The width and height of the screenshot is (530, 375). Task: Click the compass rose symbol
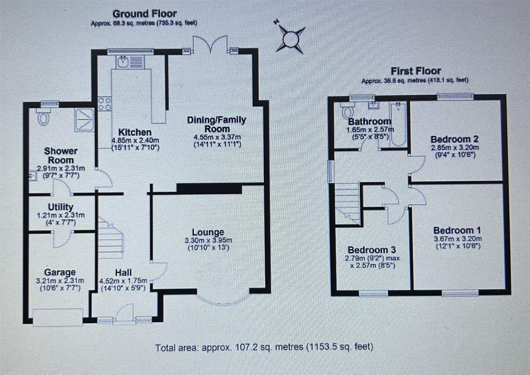[x=290, y=39]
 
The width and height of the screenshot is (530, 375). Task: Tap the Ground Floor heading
[x=145, y=14]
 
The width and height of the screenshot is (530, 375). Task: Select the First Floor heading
[x=416, y=71]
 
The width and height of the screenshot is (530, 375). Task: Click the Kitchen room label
[x=135, y=132]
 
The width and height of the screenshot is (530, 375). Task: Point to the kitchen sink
[x=123, y=62]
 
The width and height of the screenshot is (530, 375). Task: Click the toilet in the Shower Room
[x=43, y=117]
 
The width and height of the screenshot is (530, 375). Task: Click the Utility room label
[x=60, y=207]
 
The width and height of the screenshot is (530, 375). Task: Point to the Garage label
[x=60, y=273]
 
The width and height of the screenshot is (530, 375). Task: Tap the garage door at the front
[x=58, y=317]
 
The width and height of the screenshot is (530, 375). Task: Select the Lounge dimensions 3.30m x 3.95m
[x=208, y=240]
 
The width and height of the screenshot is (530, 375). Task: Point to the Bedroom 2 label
[x=454, y=139]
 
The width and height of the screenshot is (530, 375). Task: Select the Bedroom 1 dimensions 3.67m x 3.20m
[x=457, y=239]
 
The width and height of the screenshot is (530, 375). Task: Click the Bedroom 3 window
[x=373, y=294]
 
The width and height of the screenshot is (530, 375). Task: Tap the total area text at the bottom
[x=264, y=347]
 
